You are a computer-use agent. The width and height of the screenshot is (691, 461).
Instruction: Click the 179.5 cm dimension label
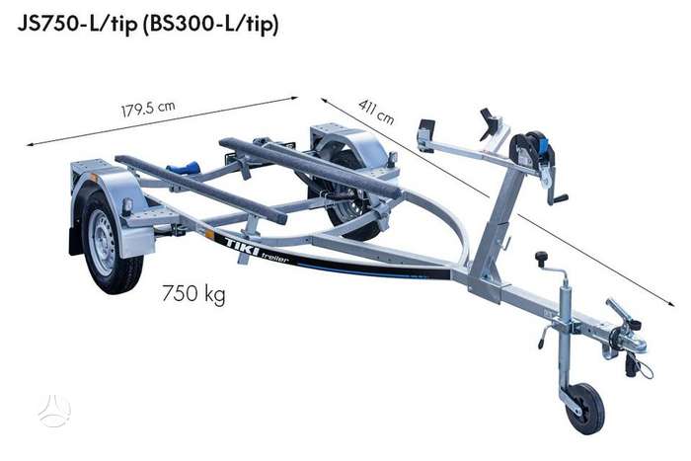coord(148,109)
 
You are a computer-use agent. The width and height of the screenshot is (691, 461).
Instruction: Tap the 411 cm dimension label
coord(376,112)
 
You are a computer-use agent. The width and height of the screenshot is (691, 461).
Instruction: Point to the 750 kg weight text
coord(193,293)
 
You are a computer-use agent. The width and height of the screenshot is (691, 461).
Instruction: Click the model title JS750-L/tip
coord(78,24)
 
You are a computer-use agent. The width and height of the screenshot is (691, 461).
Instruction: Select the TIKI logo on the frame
coord(242,247)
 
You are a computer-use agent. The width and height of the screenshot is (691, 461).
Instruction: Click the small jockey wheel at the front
coord(585,409)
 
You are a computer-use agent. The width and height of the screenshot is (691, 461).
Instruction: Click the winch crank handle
coord(556,193)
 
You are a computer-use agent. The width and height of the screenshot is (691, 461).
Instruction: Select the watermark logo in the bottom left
coord(54,411)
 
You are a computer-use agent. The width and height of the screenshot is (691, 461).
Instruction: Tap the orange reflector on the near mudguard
coord(94,177)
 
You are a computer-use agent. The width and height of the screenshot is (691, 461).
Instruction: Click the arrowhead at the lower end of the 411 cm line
coord(671,303)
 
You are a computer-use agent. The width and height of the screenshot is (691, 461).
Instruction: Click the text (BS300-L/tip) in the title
coord(210,24)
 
